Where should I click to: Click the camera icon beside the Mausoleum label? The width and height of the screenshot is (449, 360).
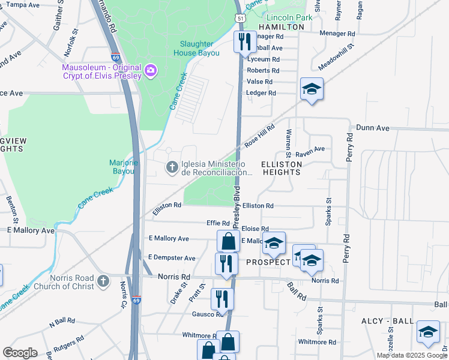pyautogui.click(x=150, y=71)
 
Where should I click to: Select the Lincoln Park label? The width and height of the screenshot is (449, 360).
pyautogui.click(x=289, y=17)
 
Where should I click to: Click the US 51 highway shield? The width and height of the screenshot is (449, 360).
pyautogui.click(x=240, y=19)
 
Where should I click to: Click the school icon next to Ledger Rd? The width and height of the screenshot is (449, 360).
pyautogui.click(x=312, y=89)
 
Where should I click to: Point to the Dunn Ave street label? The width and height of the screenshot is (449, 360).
pyautogui.click(x=373, y=128)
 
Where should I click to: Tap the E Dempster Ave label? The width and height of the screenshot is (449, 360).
pyautogui.click(x=172, y=258)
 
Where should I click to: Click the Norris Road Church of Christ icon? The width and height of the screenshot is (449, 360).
pyautogui.click(x=103, y=281)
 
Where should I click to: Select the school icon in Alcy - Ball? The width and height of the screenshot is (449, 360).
pyautogui.click(x=427, y=332)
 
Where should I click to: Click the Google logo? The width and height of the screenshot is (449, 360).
pyautogui.click(x=20, y=353)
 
